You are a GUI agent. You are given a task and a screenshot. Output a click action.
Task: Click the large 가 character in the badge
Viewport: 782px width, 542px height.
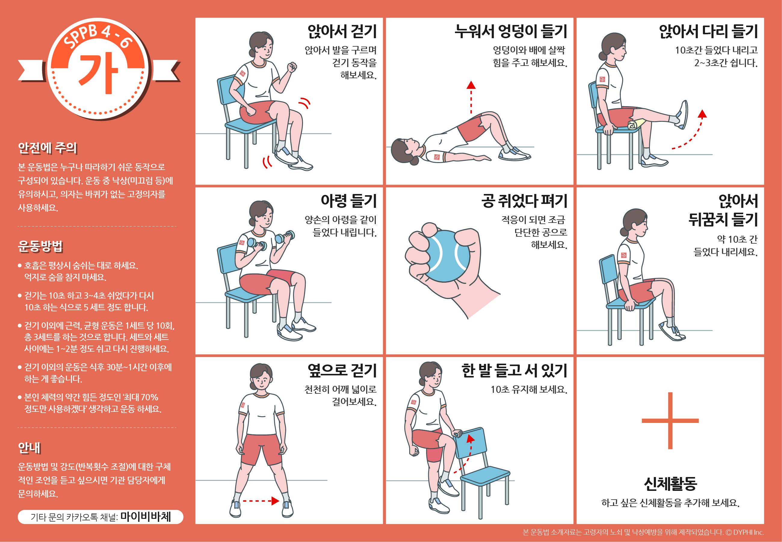tap(98, 73)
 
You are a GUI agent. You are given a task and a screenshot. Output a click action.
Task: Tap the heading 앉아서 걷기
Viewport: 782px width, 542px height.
tap(342, 32)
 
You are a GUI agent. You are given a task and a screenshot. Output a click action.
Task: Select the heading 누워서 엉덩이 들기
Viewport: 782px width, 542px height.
tap(511, 32)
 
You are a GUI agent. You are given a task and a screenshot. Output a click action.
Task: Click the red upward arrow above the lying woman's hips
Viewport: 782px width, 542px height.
tap(471, 97)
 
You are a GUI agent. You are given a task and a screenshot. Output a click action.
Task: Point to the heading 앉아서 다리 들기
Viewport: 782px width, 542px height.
tap(708, 32)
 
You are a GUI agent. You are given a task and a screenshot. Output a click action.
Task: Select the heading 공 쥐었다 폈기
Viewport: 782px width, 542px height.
tap(524, 201)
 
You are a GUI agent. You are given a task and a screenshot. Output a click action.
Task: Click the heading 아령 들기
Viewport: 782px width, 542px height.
tap(349, 201)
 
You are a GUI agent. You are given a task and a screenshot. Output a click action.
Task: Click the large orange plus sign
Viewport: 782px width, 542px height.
tap(670, 420)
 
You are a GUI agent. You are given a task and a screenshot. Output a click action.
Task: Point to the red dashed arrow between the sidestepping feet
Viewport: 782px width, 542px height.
tap(261, 500)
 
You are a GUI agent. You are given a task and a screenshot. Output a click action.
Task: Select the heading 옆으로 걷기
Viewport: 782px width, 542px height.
tap(342, 371)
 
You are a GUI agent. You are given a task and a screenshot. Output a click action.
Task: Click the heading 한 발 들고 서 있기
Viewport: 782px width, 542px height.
tap(514, 371)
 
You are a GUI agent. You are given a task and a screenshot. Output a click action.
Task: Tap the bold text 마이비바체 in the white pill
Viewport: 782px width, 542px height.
tap(146, 516)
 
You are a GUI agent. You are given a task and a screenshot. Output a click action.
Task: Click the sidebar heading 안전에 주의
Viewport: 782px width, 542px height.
tap(47, 148)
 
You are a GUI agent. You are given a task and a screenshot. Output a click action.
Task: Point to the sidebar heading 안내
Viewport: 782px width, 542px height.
tap(29, 448)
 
